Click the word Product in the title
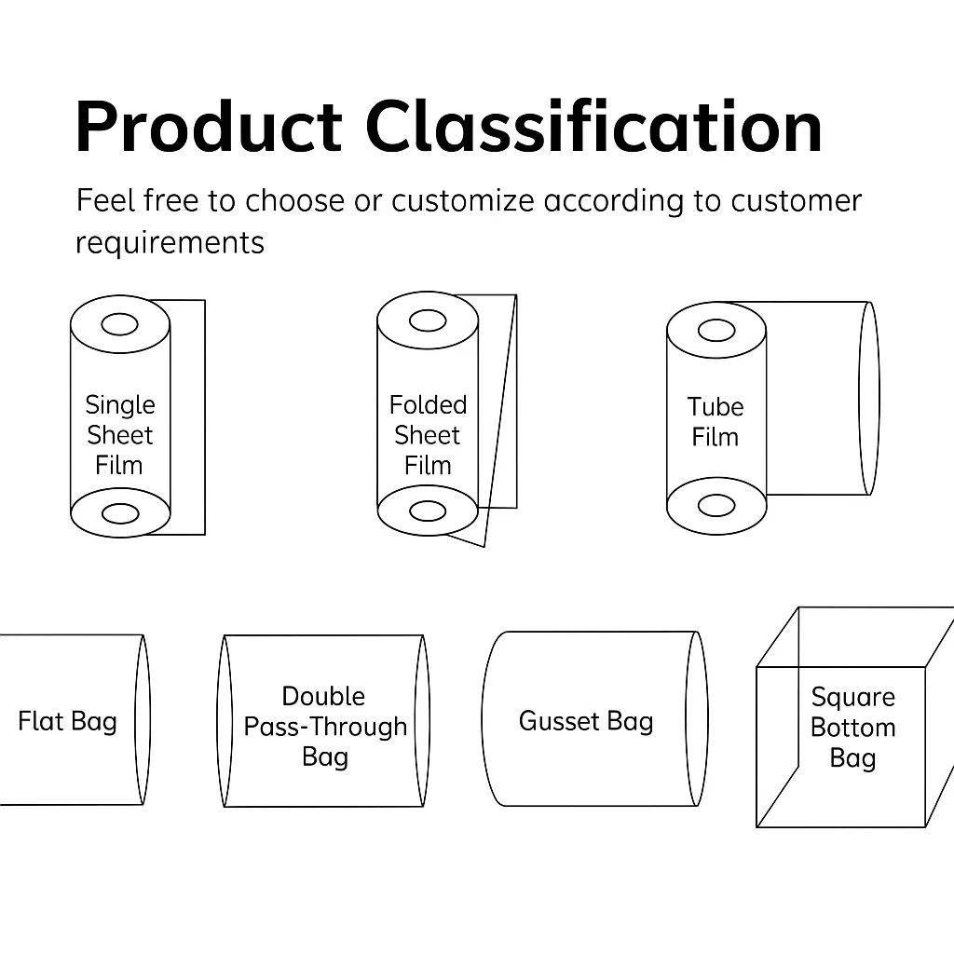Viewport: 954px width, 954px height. pyautogui.click(x=209, y=127)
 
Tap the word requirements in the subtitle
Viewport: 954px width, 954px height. pyautogui.click(x=170, y=243)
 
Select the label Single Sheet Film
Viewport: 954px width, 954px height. pyautogui.click(x=120, y=435)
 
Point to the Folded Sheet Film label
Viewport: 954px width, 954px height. pyautogui.click(x=428, y=435)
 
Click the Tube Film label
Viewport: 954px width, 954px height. pyautogui.click(x=715, y=422)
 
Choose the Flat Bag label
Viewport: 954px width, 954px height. pyautogui.click(x=67, y=722)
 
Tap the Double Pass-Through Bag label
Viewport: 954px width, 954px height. pyautogui.click(x=325, y=727)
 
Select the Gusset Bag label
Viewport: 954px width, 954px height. pyautogui.click(x=586, y=722)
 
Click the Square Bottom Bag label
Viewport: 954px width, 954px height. pyautogui.click(x=853, y=728)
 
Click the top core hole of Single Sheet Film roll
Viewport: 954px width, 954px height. pyautogui.click(x=120, y=324)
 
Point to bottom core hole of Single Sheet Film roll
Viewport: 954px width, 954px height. pyautogui.click(x=120, y=513)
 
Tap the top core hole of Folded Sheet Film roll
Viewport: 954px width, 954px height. pyautogui.click(x=428, y=320)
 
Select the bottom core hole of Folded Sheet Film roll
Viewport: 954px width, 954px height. pyautogui.click(x=428, y=511)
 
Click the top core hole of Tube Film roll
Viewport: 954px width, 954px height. pyautogui.click(x=716, y=331)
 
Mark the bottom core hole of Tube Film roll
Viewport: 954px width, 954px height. pyautogui.click(x=716, y=506)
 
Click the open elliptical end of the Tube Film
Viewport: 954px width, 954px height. pyautogui.click(x=859, y=399)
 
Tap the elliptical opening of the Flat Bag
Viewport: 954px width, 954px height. pyautogui.click(x=135, y=720)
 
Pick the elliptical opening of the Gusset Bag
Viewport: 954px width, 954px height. pyautogui.click(x=686, y=718)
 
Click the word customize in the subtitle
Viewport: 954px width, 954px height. pyautogui.click(x=462, y=201)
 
